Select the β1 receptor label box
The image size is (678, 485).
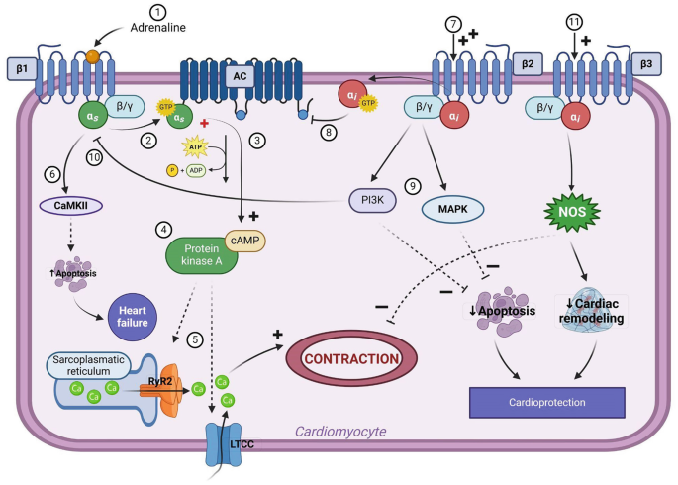tap(20, 69)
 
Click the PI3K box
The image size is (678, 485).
tap(372, 201)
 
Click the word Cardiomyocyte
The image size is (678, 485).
tap(339, 431)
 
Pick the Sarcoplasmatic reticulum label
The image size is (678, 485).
tap(90, 365)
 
